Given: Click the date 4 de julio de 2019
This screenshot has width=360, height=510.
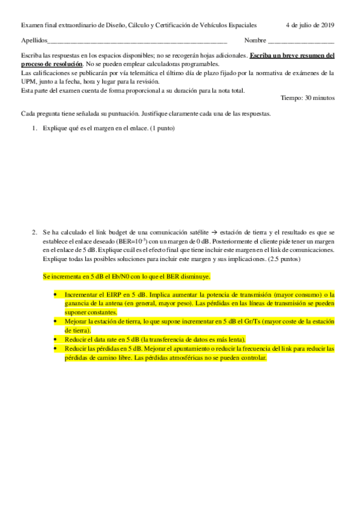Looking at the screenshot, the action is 310,25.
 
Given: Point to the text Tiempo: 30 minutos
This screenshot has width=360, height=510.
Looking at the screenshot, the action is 308,98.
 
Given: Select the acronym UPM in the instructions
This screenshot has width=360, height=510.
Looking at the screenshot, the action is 29,82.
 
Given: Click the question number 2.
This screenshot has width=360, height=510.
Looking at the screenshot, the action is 34,232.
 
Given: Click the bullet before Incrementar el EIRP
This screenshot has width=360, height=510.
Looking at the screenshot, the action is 55,295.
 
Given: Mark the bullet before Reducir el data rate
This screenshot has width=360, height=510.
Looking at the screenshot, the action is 55,339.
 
